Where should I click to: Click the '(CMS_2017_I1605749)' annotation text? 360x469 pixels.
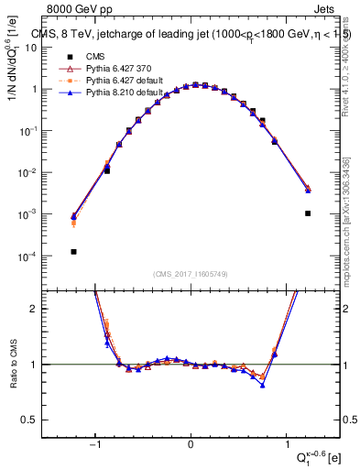click(191, 274)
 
